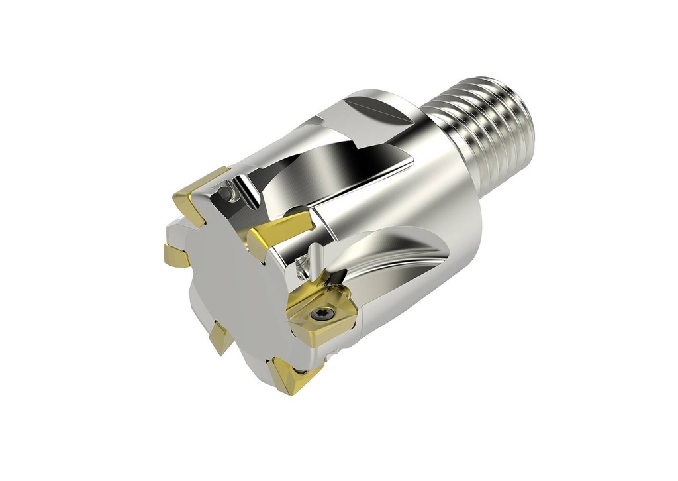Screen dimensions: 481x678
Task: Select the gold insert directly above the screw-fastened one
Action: pos(278,232)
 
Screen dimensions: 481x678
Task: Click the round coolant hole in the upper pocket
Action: pos(226,193)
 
